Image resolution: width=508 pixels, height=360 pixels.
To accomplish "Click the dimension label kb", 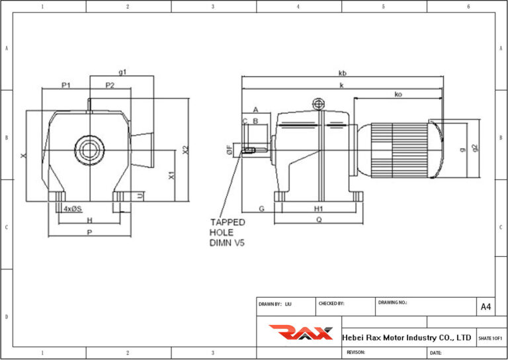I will pos(343,72).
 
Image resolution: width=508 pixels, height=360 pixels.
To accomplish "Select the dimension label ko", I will pos(398,95).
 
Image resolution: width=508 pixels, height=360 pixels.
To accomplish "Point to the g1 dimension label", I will pos(122,71).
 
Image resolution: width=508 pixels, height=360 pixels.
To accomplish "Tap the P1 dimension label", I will pos(66,85).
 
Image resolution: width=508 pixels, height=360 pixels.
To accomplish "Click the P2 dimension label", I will pos(110,85).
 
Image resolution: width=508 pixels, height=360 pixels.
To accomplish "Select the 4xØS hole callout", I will pos(72,208).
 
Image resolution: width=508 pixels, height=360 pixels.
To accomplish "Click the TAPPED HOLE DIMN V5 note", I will pos(228,232).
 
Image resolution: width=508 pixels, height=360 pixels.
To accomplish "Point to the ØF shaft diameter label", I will pos(229,151).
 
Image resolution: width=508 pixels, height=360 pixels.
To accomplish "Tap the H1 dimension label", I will pos(318,208).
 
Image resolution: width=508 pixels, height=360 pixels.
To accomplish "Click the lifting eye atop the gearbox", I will pos(319,103).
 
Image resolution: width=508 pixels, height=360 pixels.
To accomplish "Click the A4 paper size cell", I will pos(486,307).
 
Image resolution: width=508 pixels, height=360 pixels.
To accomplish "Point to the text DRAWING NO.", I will pos(393,302).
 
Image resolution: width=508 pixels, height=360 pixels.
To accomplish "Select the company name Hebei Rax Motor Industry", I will pos(406,337).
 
